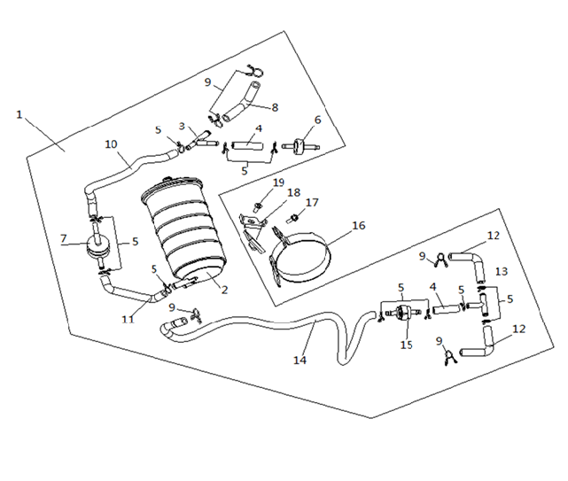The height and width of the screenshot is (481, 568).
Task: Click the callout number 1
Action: pyautogui.click(x=19, y=115)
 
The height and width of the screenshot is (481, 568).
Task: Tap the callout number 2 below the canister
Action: pyautogui.click(x=224, y=290)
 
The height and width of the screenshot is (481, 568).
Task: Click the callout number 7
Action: pyautogui.click(x=64, y=238)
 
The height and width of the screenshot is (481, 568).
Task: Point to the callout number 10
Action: pyautogui.click(x=112, y=144)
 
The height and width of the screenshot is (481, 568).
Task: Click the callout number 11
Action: pyautogui.click(x=128, y=319)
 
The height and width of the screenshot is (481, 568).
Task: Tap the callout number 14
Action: pyautogui.click(x=300, y=360)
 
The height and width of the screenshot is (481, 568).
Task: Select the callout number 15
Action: pyautogui.click(x=407, y=345)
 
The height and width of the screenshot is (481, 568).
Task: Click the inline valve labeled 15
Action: pyautogui.click(x=401, y=313)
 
